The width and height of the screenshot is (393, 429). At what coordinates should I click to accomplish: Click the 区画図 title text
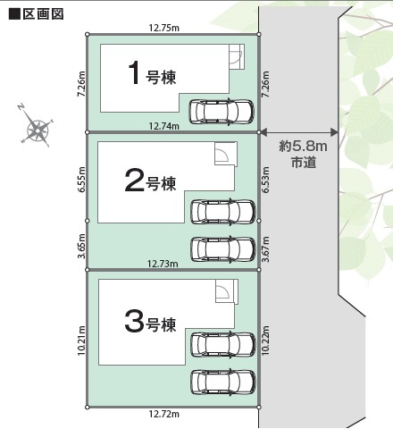[43, 14]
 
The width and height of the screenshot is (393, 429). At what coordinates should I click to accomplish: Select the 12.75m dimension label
[164, 28]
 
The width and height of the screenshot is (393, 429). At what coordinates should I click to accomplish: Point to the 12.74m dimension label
[164, 126]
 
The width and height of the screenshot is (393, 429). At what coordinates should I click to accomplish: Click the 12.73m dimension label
[163, 264]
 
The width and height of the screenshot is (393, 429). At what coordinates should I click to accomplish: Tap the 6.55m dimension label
[81, 179]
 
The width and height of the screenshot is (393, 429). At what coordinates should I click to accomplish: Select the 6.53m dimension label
[266, 179]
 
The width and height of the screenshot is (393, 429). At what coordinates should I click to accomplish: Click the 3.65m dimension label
[81, 246]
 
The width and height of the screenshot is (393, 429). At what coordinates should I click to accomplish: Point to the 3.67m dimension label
[266, 249]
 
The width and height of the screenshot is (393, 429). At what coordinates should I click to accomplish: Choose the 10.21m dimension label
[81, 341]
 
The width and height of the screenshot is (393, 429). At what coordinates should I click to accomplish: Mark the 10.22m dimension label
[266, 341]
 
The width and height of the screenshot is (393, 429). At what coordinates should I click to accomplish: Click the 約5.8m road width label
[303, 147]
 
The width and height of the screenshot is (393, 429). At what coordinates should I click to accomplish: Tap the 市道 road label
[304, 163]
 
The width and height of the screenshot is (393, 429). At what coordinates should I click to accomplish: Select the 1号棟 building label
[152, 73]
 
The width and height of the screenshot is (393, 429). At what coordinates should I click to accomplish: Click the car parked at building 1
[222, 112]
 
